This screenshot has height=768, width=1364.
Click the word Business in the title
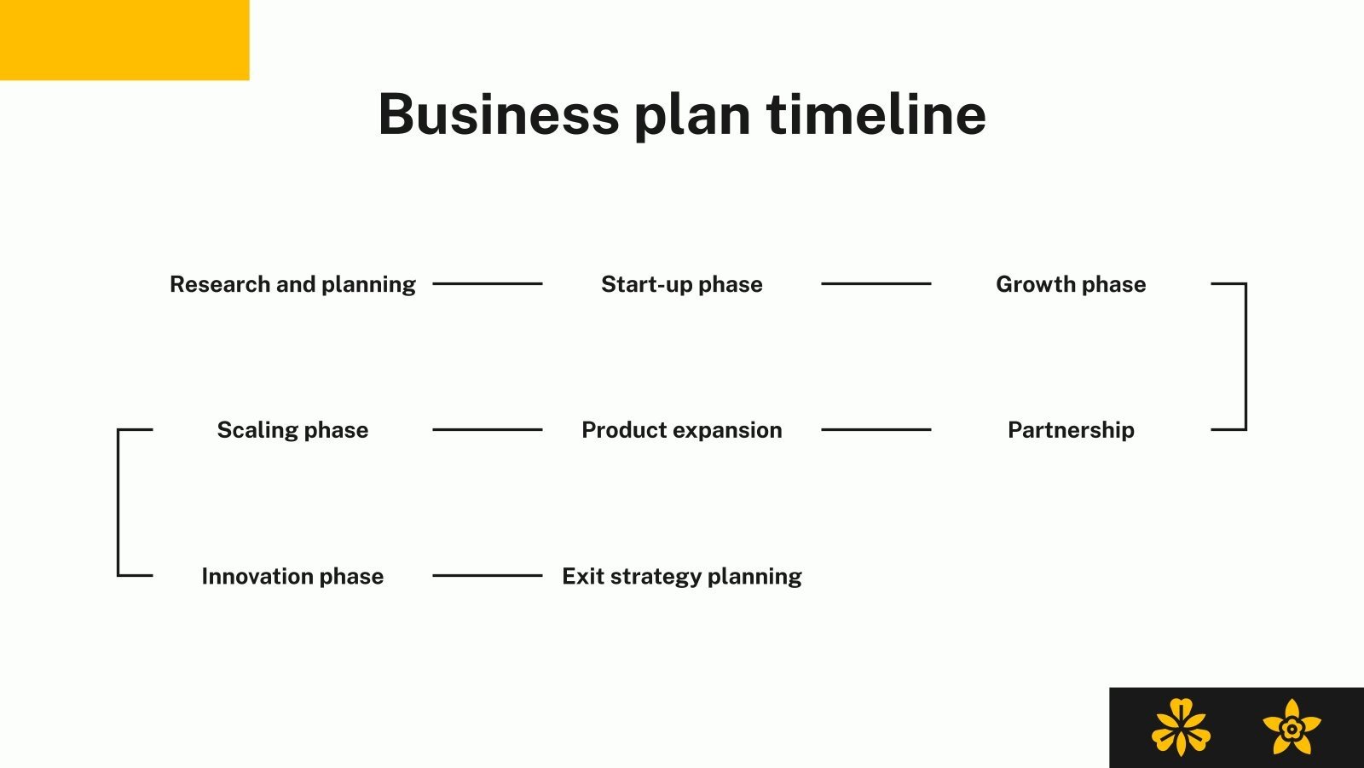click(x=499, y=114)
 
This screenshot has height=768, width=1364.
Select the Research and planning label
click(x=292, y=284)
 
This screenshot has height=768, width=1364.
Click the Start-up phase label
click(x=682, y=284)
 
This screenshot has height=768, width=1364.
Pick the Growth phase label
click(x=1071, y=284)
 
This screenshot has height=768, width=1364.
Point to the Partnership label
click(x=1071, y=430)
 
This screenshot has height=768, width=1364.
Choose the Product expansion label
click(x=682, y=430)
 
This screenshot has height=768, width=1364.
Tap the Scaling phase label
click(x=292, y=430)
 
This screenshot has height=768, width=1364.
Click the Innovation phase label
click(x=292, y=577)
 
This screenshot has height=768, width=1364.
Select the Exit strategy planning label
click(x=682, y=577)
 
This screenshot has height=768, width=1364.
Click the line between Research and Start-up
click(x=488, y=283)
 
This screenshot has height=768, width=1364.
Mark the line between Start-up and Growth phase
click(x=876, y=283)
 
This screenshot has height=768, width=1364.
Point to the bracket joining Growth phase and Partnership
click(x=1246, y=357)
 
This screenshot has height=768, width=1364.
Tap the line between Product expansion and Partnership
click(x=876, y=429)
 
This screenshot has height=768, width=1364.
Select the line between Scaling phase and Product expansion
click(x=488, y=429)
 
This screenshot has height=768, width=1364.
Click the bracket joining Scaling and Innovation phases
click(x=118, y=503)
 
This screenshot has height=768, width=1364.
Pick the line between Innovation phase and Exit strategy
click(x=488, y=575)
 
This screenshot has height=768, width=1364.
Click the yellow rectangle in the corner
click(x=124, y=40)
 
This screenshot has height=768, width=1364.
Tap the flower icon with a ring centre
click(x=1292, y=728)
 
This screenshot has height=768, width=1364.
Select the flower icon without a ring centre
click(x=1181, y=728)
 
